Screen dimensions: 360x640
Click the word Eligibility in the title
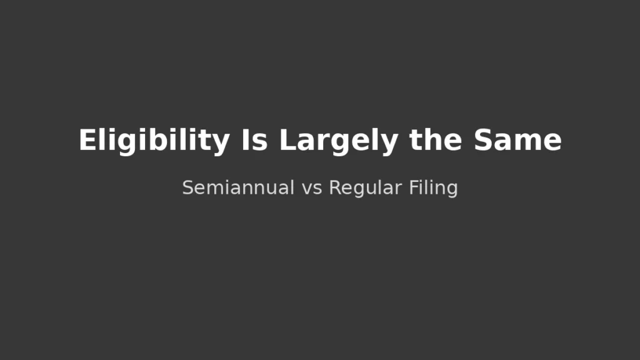154,141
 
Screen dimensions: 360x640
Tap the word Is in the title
254,141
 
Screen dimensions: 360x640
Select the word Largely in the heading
338,141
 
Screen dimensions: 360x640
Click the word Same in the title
517,141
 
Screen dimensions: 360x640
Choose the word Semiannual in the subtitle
238,187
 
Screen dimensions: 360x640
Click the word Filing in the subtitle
434,187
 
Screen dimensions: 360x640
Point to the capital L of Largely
287,141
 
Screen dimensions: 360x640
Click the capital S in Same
482,141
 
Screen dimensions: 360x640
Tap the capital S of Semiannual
187,187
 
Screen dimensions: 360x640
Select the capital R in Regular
334,187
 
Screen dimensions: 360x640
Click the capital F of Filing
413,187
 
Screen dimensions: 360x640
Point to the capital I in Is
245,141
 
